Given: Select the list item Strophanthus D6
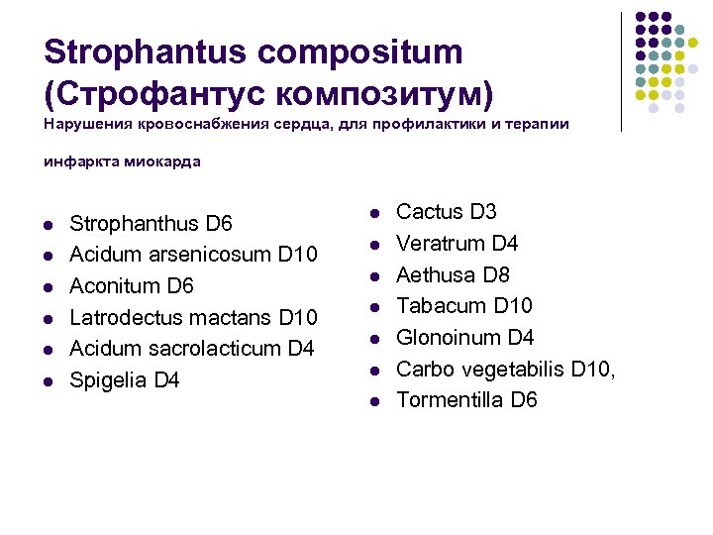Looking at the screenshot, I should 151,223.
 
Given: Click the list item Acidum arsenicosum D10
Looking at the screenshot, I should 193,255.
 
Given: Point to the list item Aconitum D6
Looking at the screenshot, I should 132,286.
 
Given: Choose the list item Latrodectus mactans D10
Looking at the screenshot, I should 193,317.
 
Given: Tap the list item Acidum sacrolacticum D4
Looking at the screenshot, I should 191,349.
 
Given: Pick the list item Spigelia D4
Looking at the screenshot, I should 125,380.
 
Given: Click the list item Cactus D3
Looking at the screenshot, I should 446,212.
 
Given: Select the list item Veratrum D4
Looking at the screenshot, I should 457,244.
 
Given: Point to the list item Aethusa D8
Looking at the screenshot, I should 453,274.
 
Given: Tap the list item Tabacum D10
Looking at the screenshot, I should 463,305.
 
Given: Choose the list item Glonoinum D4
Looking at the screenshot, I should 464,337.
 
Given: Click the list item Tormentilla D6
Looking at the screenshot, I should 466,400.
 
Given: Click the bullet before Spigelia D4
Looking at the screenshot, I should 49,382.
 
